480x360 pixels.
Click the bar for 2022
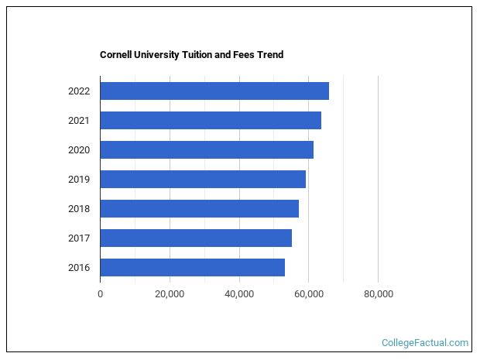214,91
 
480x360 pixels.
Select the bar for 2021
211,120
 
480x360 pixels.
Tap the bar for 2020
207,149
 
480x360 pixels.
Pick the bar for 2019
203,179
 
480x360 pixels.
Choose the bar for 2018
199,208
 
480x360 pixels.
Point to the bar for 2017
196,238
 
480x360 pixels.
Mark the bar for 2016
192,267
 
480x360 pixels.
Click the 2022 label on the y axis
79,91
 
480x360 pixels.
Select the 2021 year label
79,121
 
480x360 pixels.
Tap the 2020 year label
79,150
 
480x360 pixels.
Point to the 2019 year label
79,180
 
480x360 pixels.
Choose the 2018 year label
79,209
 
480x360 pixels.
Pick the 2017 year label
79,238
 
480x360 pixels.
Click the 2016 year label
79,268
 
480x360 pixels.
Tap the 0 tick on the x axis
100,294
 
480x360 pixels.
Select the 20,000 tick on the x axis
170,294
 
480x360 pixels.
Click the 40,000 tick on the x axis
239,294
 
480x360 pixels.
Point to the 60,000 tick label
308,294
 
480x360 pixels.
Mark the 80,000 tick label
378,294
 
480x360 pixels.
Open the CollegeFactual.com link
425,342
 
